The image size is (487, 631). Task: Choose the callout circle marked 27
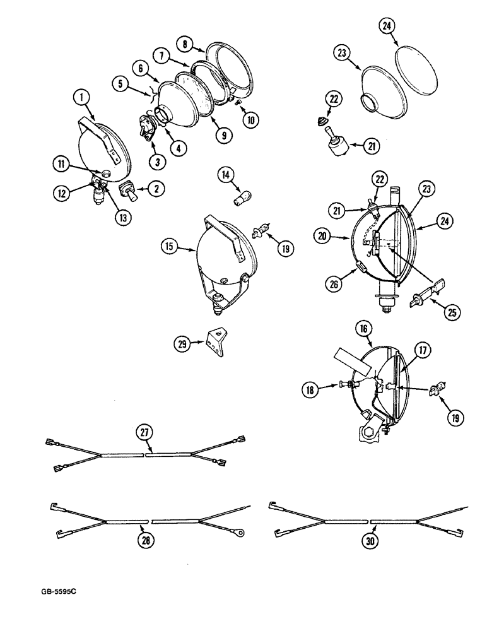point(145,432)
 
